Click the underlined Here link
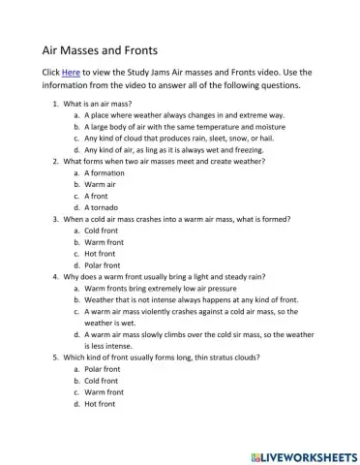click(70, 73)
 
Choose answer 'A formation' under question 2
click(107, 172)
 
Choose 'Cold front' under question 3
click(102, 231)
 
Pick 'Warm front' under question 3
click(104, 242)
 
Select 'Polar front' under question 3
click(103, 265)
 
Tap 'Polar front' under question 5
click(103, 369)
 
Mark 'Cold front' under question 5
click(102, 381)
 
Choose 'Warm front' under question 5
click(104, 392)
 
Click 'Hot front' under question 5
click(102, 404)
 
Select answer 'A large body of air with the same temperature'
click(184, 126)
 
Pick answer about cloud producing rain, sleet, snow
click(180, 138)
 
